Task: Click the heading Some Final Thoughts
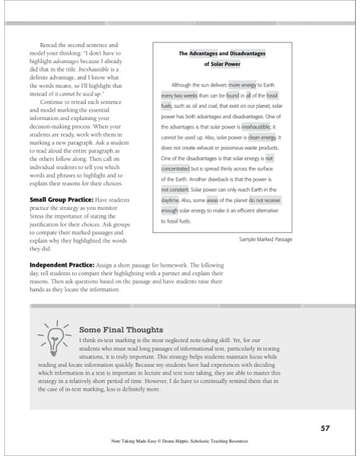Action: click(117, 329)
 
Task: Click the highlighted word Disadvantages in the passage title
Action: click(239, 53)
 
